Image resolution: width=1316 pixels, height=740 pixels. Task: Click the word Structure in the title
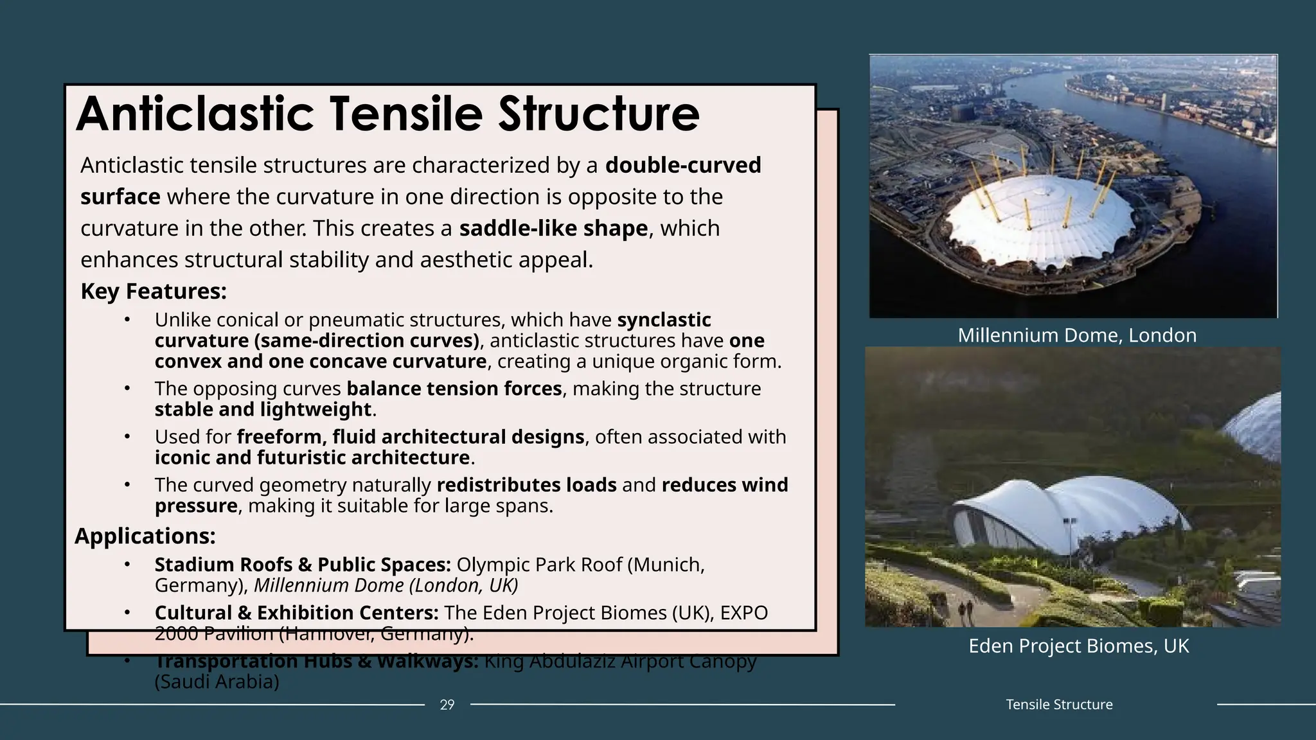[598, 114]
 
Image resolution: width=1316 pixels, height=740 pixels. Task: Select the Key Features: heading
[154, 292]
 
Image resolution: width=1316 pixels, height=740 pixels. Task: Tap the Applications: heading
[145, 536]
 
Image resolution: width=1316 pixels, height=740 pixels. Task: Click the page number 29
[447, 705]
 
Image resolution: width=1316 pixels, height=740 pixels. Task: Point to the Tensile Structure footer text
[1059, 705]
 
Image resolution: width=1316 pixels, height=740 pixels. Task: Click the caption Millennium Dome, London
[1077, 335]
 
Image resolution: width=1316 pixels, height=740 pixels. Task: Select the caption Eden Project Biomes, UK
[1078, 646]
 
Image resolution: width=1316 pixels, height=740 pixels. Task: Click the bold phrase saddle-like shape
[553, 229]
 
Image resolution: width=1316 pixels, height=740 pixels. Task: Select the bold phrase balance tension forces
[454, 389]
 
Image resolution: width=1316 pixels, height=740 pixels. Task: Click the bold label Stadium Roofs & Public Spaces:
[303, 565]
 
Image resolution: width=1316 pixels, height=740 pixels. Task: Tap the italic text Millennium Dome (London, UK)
[386, 586]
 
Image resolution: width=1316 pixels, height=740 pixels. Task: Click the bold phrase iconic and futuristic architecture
[312, 458]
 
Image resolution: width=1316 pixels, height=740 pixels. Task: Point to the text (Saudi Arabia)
[217, 682]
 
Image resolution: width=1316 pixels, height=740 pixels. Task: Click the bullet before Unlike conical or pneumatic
[127, 319]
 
